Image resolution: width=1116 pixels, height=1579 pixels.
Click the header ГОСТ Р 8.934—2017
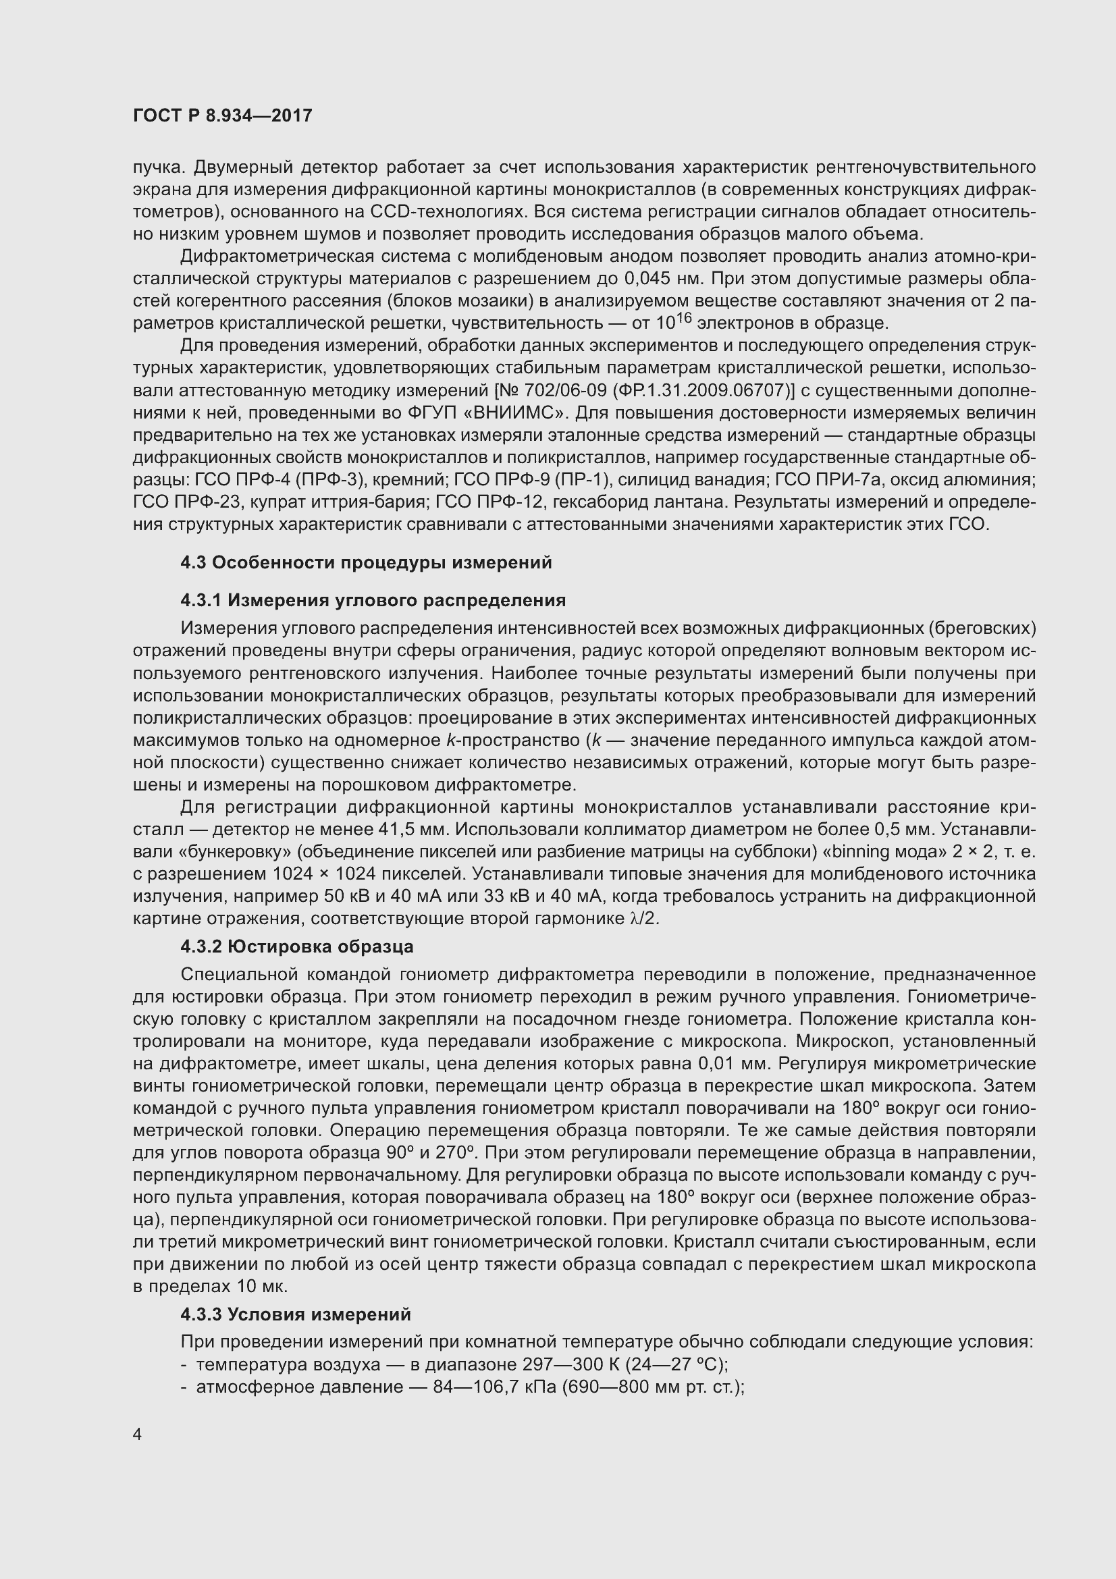(222, 115)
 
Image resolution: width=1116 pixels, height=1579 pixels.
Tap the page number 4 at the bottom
(138, 1434)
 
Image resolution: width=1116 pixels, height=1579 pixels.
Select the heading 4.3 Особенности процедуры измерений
(366, 562)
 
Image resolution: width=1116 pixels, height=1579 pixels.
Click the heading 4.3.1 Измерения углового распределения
(373, 600)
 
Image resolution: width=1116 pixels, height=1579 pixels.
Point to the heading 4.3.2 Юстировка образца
(296, 946)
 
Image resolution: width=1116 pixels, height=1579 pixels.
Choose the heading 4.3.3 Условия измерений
(295, 1314)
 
